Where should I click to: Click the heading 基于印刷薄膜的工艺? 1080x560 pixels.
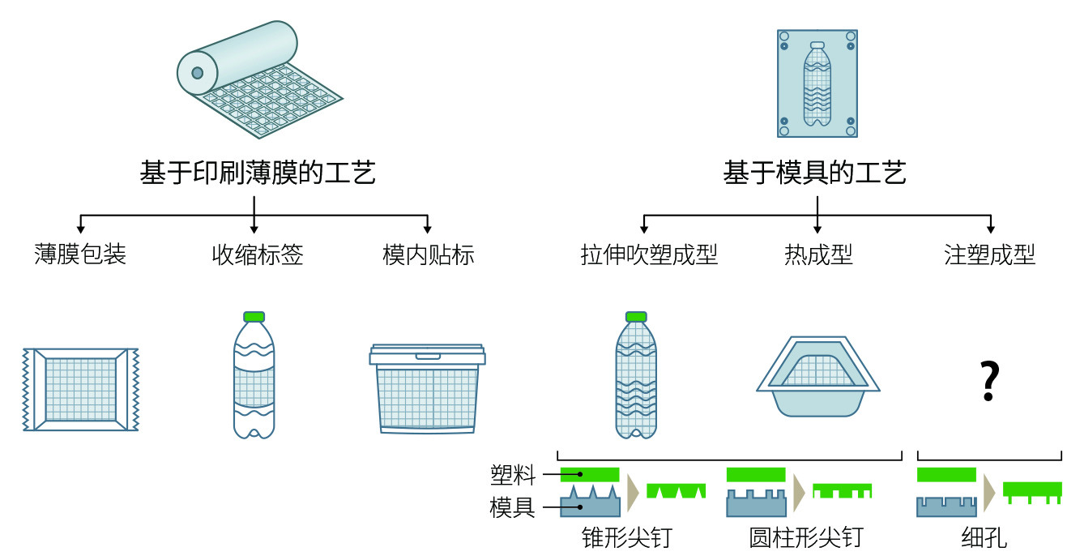coord(258,173)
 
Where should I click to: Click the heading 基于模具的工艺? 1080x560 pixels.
coord(814,173)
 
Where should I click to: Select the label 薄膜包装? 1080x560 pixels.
coord(80,255)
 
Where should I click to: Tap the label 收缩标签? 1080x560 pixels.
coord(258,255)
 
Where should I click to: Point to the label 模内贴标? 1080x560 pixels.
coord(429,255)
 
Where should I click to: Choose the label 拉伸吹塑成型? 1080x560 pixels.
coord(649,255)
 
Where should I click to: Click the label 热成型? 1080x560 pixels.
coord(818,255)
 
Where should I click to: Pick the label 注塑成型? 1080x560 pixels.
coord(989,255)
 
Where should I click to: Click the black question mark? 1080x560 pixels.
coord(989,382)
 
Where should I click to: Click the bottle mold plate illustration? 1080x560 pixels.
coord(817,83)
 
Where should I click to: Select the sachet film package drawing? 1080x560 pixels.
coord(81,389)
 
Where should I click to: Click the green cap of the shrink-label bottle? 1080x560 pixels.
coord(254,317)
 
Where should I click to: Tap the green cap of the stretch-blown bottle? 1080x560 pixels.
coord(636,317)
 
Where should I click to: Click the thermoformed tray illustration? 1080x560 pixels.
coord(817,377)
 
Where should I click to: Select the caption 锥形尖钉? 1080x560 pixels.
coord(626,537)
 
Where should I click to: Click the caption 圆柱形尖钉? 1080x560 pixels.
coord(805,537)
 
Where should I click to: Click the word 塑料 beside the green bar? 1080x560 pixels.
coord(513,475)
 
